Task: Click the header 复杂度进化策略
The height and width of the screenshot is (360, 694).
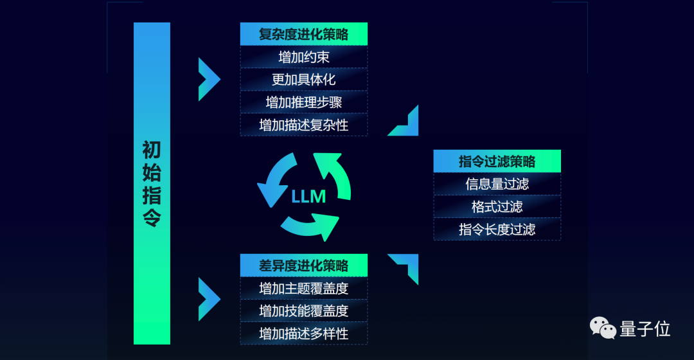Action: [303, 34]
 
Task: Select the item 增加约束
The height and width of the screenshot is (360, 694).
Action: [303, 57]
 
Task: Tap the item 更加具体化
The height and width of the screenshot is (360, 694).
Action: [303, 80]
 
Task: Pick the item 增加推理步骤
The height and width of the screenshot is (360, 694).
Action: [303, 102]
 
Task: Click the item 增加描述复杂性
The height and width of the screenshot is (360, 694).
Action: [303, 125]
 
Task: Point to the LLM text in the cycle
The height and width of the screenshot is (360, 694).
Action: [308, 197]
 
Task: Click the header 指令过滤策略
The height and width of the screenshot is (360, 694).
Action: [497, 161]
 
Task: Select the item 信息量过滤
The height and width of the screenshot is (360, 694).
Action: [497, 184]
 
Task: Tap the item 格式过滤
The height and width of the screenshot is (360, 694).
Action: [497, 206]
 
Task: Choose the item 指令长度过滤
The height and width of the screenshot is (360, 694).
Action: [497, 229]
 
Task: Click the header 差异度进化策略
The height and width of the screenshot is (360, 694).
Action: [303, 265]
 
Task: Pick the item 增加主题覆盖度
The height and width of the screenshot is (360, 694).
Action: [303, 288]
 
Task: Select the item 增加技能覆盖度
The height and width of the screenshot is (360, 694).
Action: [303, 310]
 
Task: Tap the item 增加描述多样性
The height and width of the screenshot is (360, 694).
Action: [303, 333]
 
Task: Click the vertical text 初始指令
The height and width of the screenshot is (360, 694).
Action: [152, 184]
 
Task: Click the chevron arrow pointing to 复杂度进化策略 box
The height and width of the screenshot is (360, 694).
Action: [208, 79]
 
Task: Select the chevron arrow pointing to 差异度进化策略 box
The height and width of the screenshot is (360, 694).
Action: [208, 299]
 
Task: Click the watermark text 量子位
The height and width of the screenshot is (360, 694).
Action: [645, 329]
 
